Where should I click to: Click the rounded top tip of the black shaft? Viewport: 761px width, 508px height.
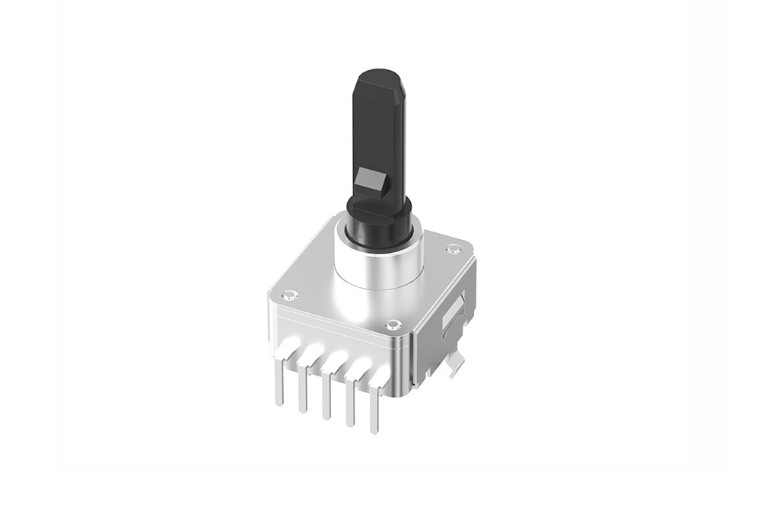click(x=377, y=76)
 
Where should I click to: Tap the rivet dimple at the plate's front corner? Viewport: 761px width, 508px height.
click(x=393, y=325)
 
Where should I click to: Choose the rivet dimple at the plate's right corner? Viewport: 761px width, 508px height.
click(x=455, y=248)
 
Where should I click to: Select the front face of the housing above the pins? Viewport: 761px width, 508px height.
click(x=335, y=331)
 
